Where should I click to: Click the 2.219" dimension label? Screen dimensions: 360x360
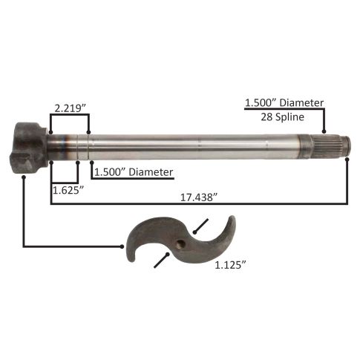click(x=70, y=108)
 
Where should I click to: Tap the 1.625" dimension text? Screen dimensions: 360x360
click(x=68, y=190)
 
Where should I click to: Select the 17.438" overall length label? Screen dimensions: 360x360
click(x=199, y=197)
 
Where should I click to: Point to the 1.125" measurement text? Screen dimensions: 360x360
click(x=230, y=265)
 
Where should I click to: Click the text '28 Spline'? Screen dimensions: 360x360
click(x=282, y=117)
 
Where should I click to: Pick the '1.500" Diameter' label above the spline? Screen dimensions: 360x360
click(x=284, y=102)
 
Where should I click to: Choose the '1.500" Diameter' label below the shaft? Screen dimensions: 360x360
click(x=134, y=172)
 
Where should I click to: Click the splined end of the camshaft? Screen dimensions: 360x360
click(x=325, y=148)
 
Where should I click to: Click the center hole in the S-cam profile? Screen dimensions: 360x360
click(x=180, y=244)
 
